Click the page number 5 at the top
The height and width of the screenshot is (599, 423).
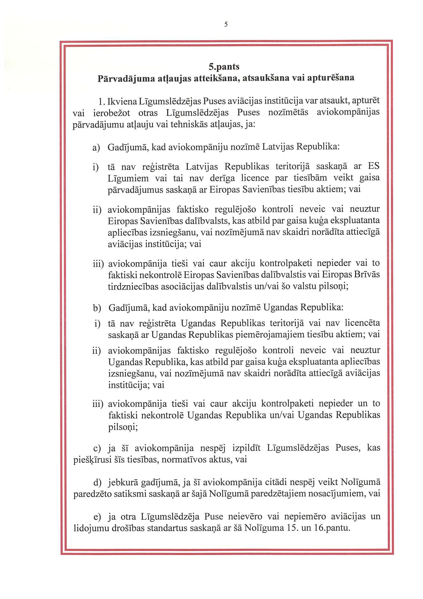tap(226, 24)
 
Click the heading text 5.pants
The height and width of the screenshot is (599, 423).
tap(224, 67)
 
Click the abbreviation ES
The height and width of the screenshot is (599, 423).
tap(373, 166)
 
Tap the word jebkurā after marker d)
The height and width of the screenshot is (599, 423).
tap(124, 483)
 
